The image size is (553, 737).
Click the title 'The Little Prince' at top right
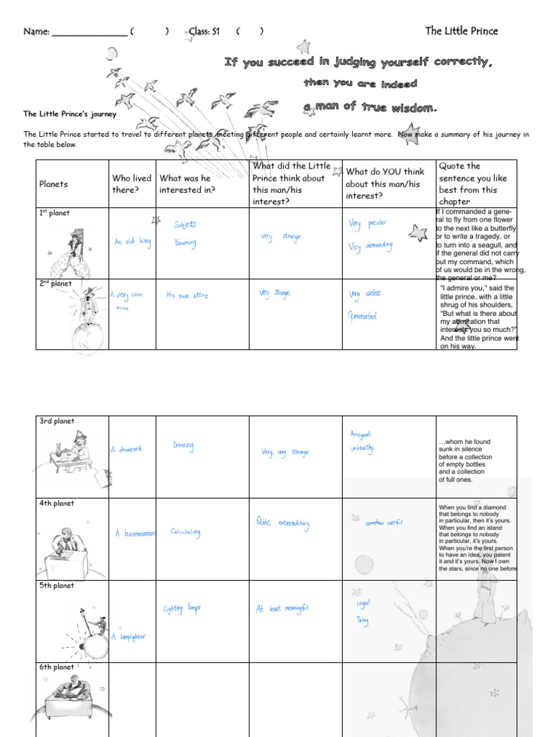pyautogui.click(x=461, y=31)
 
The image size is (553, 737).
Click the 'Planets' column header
pyautogui.click(x=53, y=184)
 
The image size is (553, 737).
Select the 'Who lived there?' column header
pyautogui.click(x=132, y=184)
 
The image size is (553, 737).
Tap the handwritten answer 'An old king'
pyautogui.click(x=132, y=243)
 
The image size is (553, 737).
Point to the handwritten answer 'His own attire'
pyautogui.click(x=187, y=295)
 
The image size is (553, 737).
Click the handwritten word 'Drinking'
pyautogui.click(x=183, y=446)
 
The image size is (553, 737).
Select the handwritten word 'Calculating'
pyautogui.click(x=185, y=533)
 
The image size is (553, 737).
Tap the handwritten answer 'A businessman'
pyautogui.click(x=135, y=534)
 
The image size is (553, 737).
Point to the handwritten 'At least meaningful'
pyautogui.click(x=282, y=609)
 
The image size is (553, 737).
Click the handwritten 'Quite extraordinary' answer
pyautogui.click(x=282, y=522)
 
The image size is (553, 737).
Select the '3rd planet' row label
pyautogui.click(x=57, y=422)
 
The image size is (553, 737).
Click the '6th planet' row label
pyautogui.click(x=57, y=668)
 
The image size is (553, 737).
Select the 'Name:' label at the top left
pyautogui.click(x=36, y=32)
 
